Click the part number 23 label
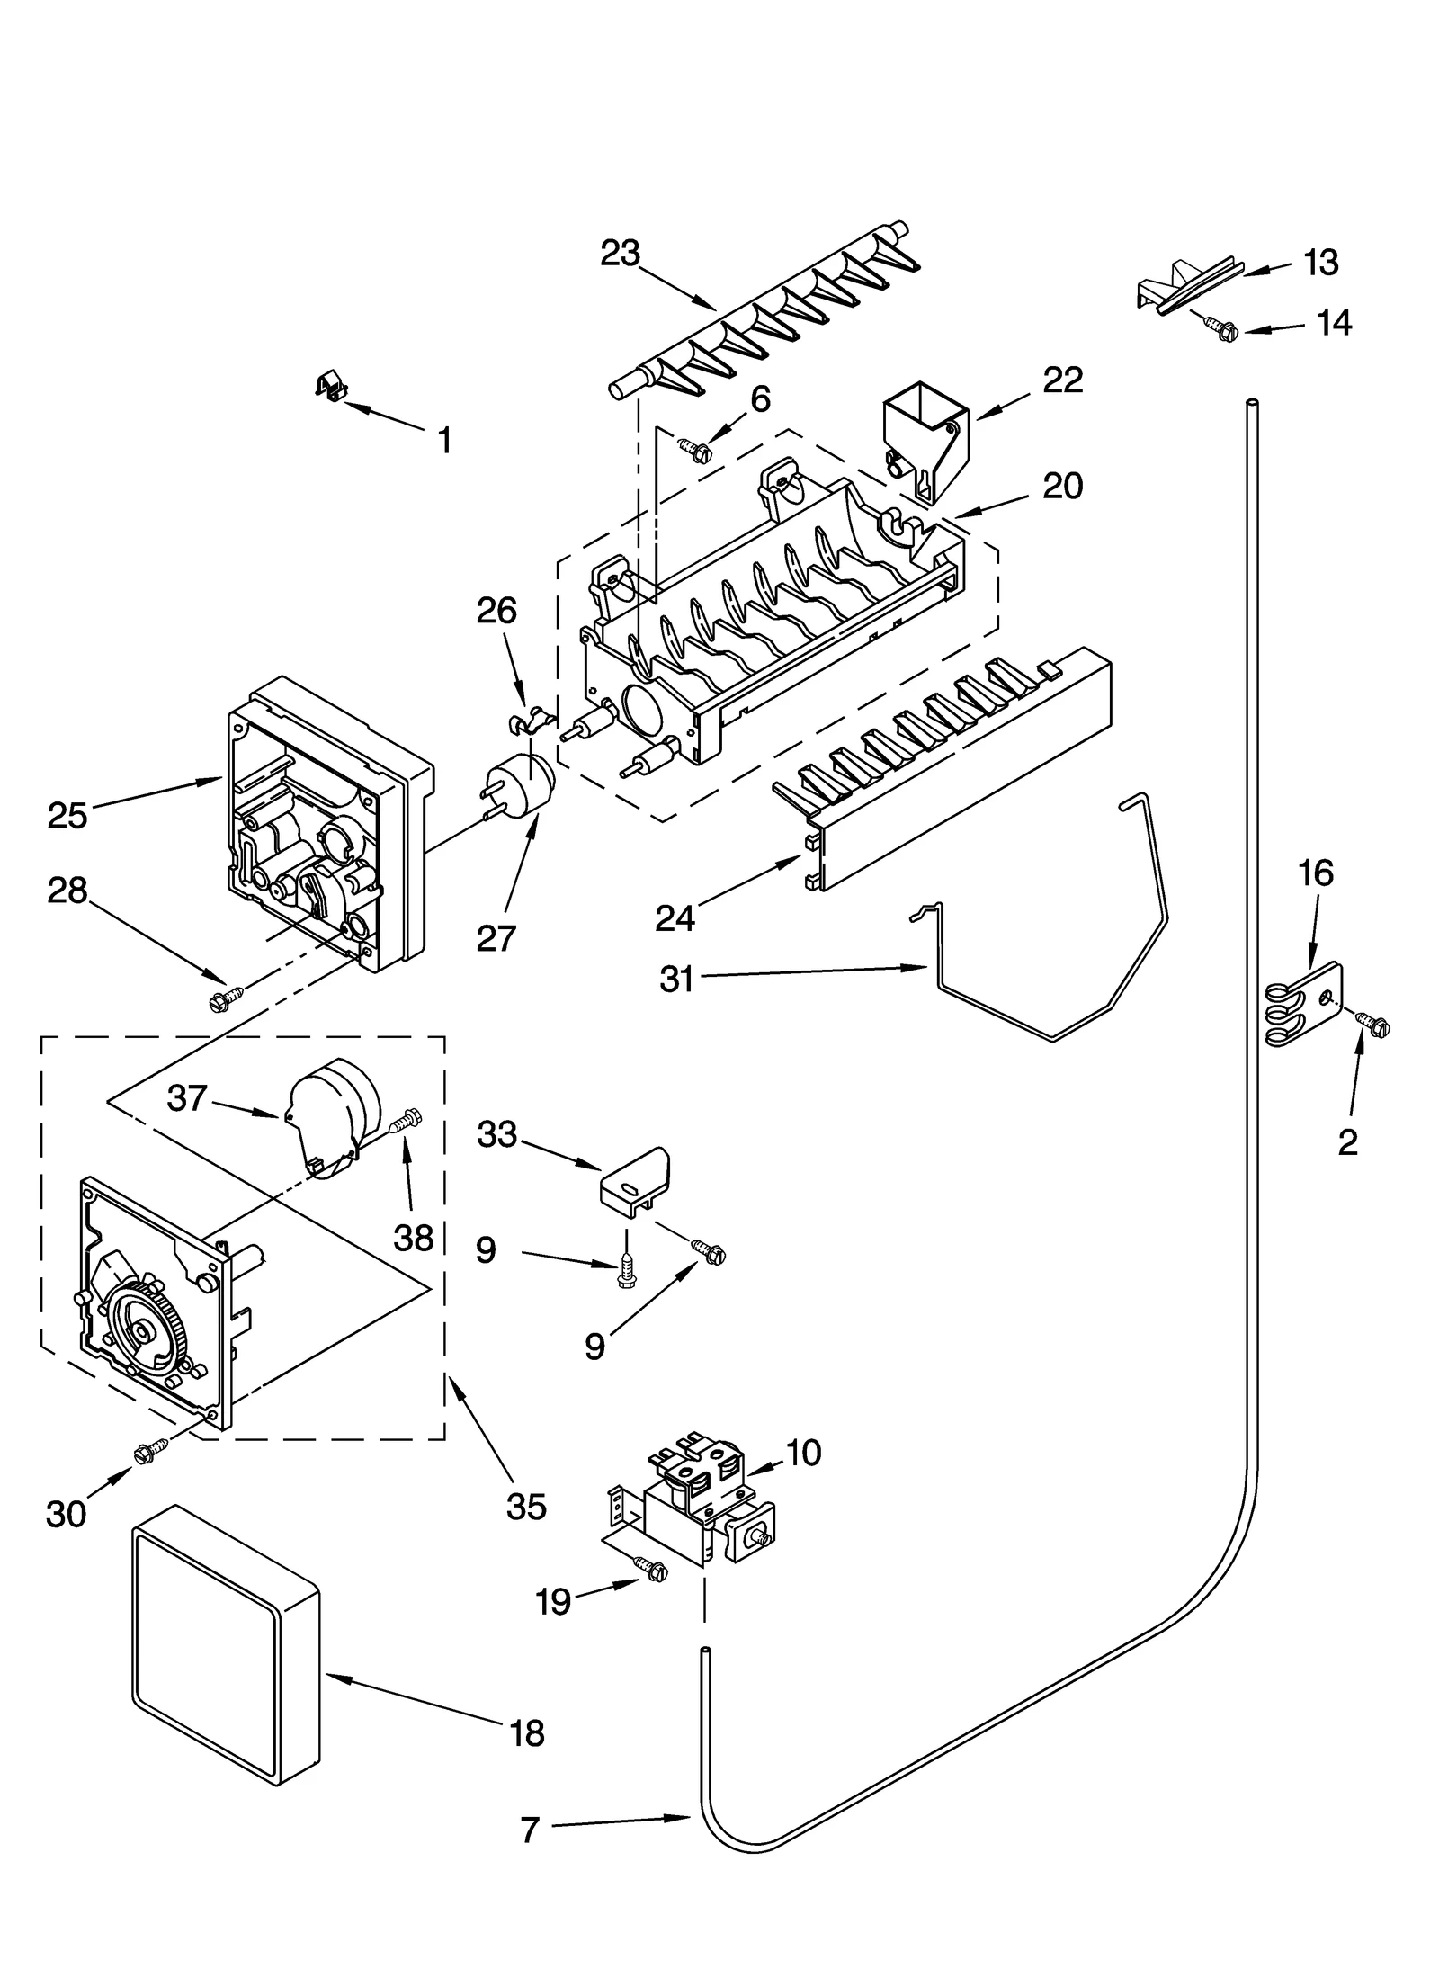click(620, 255)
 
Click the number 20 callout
click(1062, 487)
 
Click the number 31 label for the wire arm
click(676, 979)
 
